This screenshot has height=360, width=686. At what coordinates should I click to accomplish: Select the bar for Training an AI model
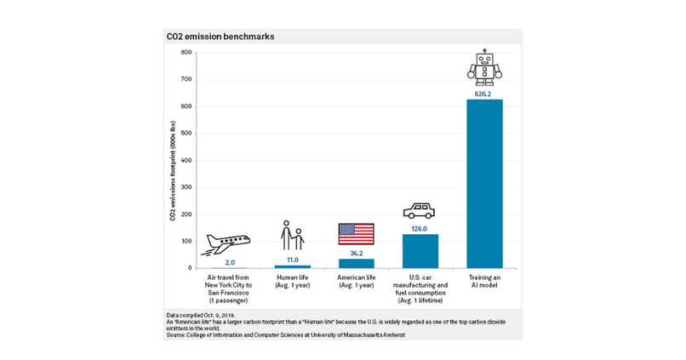(484, 184)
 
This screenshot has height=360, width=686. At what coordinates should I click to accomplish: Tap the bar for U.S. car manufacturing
(420, 251)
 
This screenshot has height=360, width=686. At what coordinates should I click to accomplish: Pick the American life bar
(356, 263)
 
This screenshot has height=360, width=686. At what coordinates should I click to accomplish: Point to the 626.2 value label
(483, 94)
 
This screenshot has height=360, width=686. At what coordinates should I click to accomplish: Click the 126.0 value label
(420, 227)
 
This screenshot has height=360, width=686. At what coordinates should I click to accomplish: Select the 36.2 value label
(356, 252)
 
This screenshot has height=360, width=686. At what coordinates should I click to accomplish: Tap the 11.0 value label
(292, 259)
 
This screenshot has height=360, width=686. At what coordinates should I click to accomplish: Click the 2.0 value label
(230, 263)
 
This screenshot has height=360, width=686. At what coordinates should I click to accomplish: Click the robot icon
(483, 66)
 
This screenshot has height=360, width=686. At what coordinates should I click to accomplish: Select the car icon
(420, 211)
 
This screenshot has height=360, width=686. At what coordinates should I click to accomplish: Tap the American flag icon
(356, 233)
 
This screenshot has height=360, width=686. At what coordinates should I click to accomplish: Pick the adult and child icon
(291, 236)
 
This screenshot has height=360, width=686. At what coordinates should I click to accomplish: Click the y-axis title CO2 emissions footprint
(173, 170)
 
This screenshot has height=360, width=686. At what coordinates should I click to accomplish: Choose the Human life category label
(292, 281)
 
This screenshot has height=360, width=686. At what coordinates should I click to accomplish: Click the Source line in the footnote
(285, 335)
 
